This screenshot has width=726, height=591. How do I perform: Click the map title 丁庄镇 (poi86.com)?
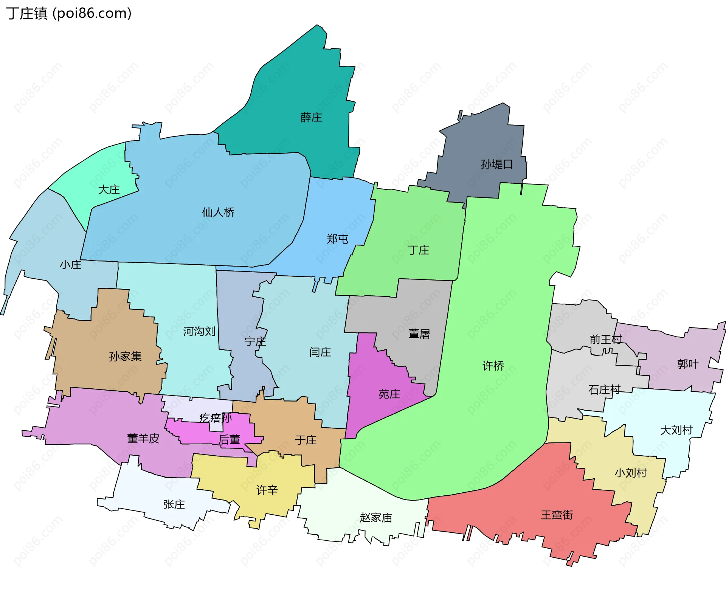pos(69,13)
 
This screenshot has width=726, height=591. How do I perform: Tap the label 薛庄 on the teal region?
pos(311,118)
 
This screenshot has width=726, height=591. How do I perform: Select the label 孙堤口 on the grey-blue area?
pos(496,164)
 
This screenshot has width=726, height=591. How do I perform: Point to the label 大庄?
pos(109,189)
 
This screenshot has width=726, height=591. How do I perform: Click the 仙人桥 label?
pos(218,212)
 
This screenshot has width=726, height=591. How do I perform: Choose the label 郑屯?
pos(337,239)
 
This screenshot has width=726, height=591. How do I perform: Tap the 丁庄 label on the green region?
pos(418,250)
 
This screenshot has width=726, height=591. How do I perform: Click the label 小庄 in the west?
pos(70,265)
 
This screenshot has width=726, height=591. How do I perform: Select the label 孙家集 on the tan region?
pos(125,356)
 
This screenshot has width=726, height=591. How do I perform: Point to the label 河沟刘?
pos(199,332)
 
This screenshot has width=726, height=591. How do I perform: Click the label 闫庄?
pos(320,352)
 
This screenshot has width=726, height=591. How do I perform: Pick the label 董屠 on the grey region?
pos(419,334)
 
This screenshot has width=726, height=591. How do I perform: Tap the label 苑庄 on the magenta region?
pos(389,394)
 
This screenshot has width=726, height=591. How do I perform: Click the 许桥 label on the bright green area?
pos(493,366)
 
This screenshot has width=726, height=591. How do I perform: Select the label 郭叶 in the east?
pos(687,364)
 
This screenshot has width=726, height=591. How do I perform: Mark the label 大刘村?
pos(676,430)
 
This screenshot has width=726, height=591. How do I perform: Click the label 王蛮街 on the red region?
pos(557,515)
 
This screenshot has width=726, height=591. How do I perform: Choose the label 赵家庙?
pos(375,518)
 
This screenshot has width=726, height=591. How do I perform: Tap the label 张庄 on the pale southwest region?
pos(174,504)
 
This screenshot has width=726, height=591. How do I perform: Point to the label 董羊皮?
pos(143,438)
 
